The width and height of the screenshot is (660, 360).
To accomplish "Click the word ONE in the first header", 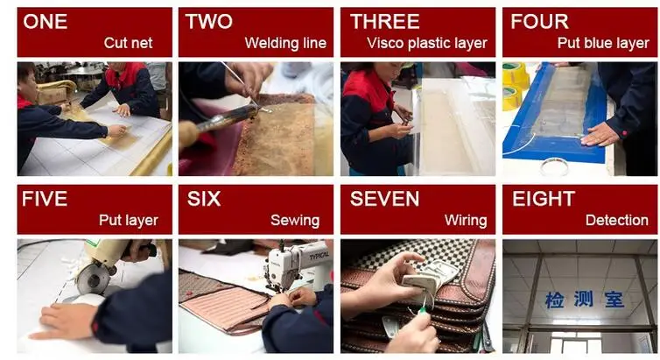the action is click(x=45, y=22).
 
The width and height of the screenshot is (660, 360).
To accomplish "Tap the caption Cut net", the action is click(x=128, y=43).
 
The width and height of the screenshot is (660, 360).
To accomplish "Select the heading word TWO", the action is click(x=209, y=22).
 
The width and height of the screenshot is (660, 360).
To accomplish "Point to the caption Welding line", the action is click(x=285, y=43).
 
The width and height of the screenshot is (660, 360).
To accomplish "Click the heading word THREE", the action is click(x=385, y=22).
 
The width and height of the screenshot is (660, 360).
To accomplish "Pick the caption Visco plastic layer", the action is click(x=427, y=44).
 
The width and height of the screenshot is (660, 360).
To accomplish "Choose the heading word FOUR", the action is click(x=539, y=22).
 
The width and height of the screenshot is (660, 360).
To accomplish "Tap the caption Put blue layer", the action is click(x=603, y=44).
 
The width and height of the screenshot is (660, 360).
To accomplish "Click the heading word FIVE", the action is click(x=45, y=199).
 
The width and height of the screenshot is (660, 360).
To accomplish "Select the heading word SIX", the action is click(x=204, y=199).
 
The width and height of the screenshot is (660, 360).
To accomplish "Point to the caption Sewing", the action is click(x=295, y=221).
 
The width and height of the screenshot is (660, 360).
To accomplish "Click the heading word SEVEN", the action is click(x=384, y=199).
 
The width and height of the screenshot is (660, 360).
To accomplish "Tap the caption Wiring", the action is click(x=466, y=221).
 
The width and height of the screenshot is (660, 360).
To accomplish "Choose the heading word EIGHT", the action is click(x=544, y=199).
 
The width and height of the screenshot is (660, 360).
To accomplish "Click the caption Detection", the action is click(x=616, y=220).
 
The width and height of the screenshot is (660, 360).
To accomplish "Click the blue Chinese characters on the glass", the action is click(x=585, y=300).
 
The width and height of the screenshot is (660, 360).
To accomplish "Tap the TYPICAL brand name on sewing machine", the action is click(x=319, y=257).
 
